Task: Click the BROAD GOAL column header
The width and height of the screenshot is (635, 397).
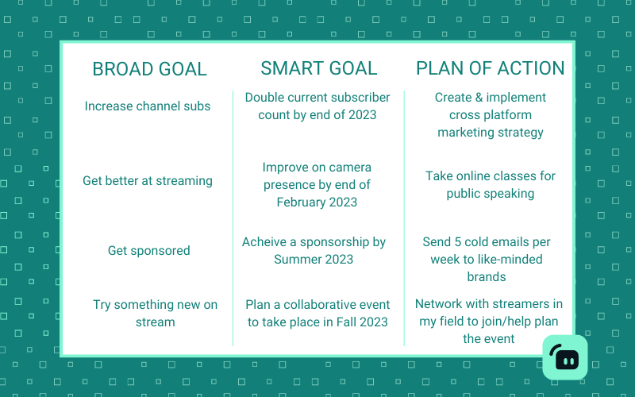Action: click(x=149, y=69)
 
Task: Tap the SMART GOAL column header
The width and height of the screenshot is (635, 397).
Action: click(x=319, y=68)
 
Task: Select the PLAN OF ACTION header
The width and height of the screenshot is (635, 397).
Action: click(x=490, y=68)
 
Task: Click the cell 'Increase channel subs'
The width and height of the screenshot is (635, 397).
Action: click(x=148, y=106)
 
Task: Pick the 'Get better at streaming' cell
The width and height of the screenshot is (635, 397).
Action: click(x=148, y=181)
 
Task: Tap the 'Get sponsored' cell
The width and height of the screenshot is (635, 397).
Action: click(x=148, y=250)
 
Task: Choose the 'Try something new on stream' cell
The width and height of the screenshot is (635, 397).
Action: click(x=155, y=313)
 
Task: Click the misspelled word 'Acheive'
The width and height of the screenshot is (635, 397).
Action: click(x=264, y=242)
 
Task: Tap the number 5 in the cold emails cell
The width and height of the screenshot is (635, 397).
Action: click(x=458, y=242)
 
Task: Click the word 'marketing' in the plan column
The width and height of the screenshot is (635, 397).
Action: click(x=464, y=133)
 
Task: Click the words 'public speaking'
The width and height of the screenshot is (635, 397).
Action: click(x=490, y=194)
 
